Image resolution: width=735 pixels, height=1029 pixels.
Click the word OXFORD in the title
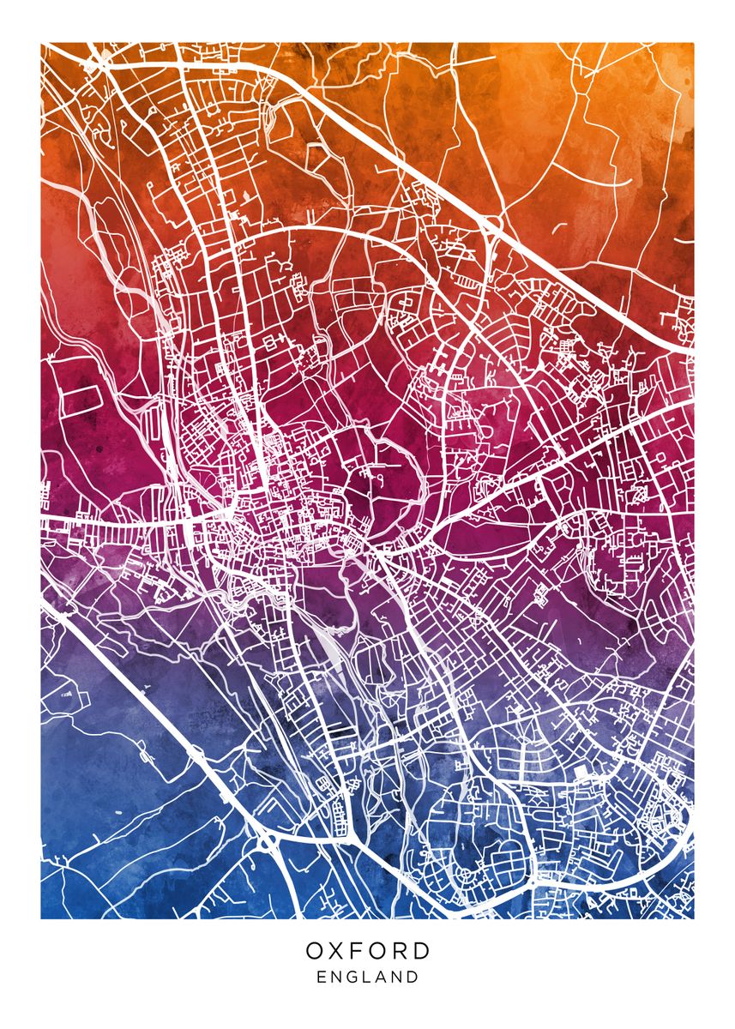(x=367, y=951)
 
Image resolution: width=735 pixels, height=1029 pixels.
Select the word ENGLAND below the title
(x=367, y=977)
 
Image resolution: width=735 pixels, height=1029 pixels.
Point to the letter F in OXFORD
(x=364, y=951)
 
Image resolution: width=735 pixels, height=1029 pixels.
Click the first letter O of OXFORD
(x=315, y=951)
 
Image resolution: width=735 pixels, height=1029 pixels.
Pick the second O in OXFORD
(x=389, y=951)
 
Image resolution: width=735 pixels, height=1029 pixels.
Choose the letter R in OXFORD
(x=412, y=951)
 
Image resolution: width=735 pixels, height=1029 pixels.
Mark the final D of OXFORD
(x=420, y=951)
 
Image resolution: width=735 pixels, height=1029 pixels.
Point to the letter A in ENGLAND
(x=382, y=977)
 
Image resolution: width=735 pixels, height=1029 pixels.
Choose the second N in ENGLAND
(x=398, y=977)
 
